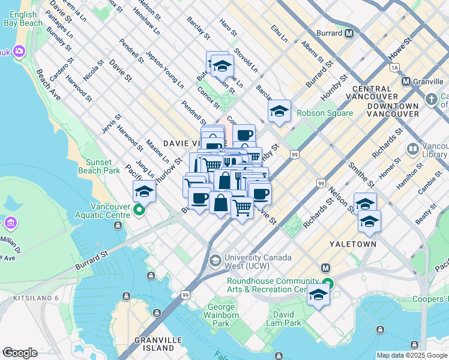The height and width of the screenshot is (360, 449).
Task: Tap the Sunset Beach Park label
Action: point(95,166)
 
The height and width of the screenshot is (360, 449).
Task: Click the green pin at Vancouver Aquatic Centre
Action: point(139,210)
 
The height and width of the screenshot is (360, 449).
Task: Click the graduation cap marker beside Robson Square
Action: point(279,111)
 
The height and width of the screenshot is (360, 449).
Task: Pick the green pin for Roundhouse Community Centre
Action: point(327,284)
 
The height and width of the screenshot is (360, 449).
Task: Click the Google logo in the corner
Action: point(19,353)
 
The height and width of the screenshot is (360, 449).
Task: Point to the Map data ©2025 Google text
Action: point(412,355)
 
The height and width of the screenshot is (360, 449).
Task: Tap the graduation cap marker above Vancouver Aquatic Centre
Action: point(145,191)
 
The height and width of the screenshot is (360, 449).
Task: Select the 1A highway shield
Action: point(394,68)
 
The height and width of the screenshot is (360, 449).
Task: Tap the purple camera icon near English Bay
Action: point(19,52)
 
